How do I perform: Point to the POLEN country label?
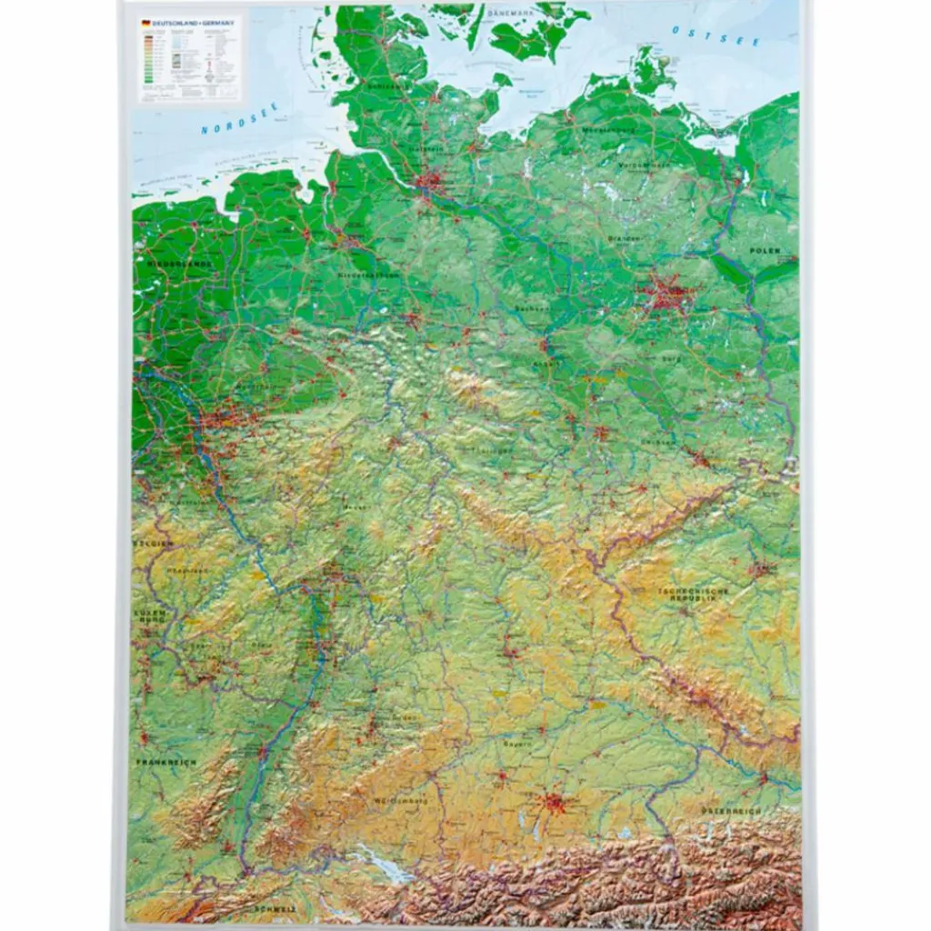[x=765, y=250]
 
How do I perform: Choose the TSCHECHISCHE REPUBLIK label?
[x=694, y=596]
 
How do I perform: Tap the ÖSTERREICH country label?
[x=730, y=809]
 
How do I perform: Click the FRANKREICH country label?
[x=166, y=762]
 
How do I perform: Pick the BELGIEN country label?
[x=152, y=543]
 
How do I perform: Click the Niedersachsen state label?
[x=369, y=274]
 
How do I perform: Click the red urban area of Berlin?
[x=666, y=295]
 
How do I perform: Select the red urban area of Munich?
[x=554, y=803]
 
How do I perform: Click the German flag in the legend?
[x=145, y=21]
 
